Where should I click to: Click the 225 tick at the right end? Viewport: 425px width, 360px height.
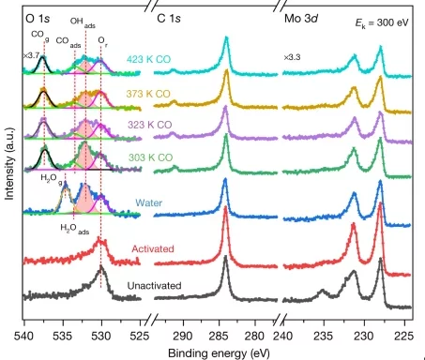[x=404, y=334]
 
